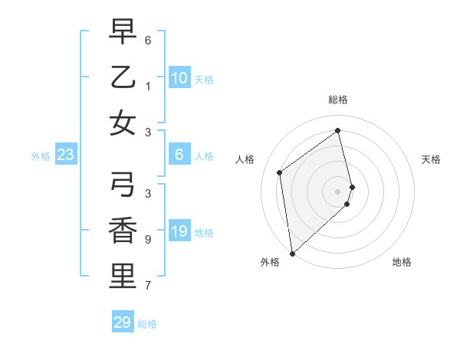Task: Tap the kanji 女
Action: click(x=123, y=123)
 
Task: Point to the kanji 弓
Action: click(x=123, y=185)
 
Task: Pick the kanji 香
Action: click(x=123, y=231)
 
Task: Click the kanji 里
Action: click(x=123, y=277)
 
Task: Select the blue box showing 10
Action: click(x=179, y=77)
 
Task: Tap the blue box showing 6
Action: click(x=179, y=155)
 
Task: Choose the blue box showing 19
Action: click(x=179, y=231)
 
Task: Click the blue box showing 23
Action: click(x=66, y=155)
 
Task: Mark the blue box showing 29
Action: click(x=123, y=322)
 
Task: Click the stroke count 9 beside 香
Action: click(x=147, y=240)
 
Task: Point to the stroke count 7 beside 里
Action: click(x=147, y=286)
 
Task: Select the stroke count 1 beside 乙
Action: click(x=147, y=86)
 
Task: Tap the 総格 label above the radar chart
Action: click(x=338, y=100)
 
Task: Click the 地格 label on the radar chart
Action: click(x=402, y=262)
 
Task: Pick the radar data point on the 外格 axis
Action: click(x=292, y=254)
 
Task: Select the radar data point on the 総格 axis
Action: click(x=338, y=130)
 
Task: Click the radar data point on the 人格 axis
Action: click(x=280, y=172)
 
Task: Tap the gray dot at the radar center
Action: click(x=338, y=191)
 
